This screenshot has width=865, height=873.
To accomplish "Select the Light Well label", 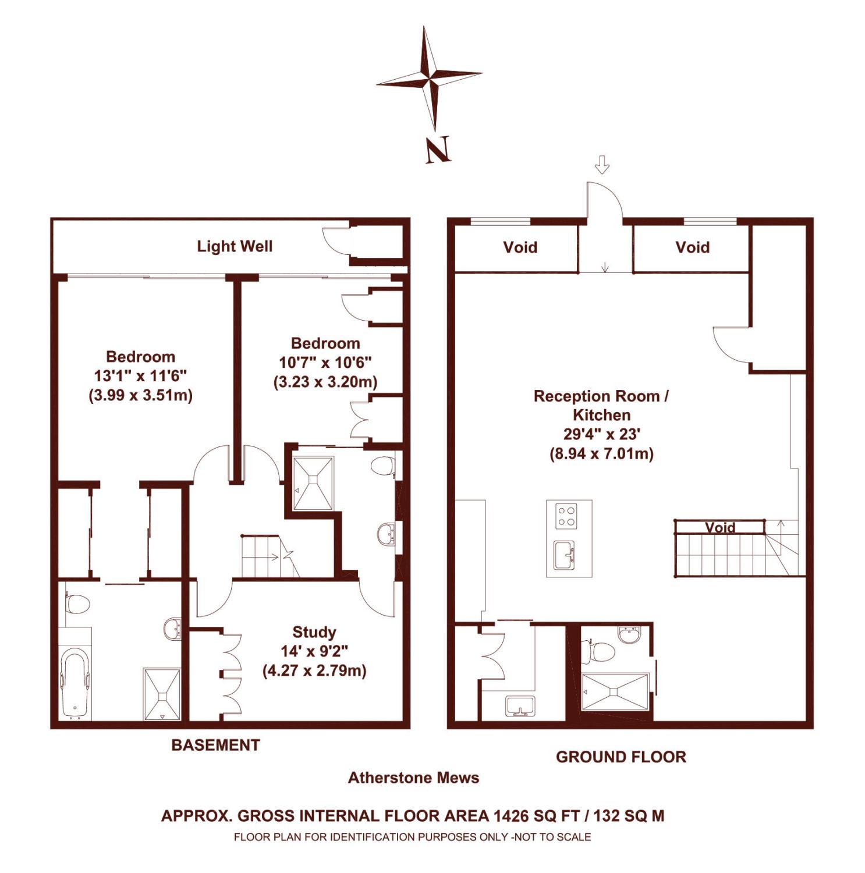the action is pos(235,246).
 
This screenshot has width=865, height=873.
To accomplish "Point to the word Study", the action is pos(314,632).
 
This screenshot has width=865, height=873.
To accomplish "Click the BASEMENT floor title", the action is pos(215,745).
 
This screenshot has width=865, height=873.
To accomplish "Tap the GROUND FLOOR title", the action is pos(621,757).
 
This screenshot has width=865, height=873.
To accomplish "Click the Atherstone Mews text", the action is pos(413,778).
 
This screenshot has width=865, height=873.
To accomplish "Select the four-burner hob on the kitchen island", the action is pos(566,515).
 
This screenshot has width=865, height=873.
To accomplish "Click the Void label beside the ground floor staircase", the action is pos(720,527).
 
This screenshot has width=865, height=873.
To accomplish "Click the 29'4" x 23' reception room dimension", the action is pos(602,434).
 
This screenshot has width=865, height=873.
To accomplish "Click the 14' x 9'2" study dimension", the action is pos(315,651).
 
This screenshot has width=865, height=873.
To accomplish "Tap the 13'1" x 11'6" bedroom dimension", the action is pos(141,376).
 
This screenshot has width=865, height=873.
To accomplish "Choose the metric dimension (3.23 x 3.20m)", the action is pos(325,382).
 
